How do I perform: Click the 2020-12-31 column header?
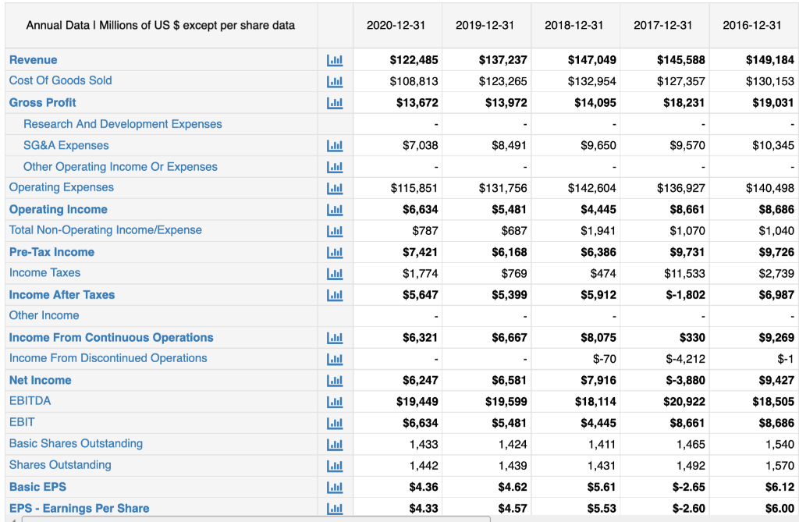coord(396,25)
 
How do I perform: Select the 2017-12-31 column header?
coord(662,25)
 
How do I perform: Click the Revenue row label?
coord(33,60)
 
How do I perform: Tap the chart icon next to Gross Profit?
coord(335,103)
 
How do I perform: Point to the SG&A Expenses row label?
coord(66,145)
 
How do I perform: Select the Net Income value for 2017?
coord(685,381)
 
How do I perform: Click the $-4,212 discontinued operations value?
coord(685,359)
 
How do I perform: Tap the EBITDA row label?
coord(30,401)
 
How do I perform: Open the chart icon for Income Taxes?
coord(335,273)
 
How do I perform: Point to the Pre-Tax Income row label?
coord(51,252)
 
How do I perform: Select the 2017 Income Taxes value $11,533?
coord(687,273)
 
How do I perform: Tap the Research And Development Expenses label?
coord(123,124)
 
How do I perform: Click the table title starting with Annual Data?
coord(161,25)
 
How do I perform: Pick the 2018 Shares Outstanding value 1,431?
coord(601,466)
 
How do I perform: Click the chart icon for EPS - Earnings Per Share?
coord(335,509)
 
